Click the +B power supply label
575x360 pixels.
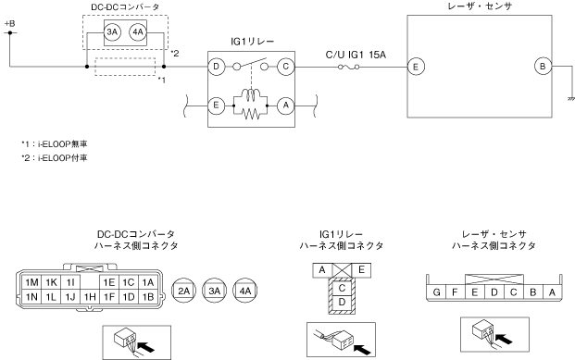tap(10, 24)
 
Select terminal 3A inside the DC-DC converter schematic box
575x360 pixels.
tap(112, 32)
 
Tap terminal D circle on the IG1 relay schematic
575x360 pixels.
tap(216, 67)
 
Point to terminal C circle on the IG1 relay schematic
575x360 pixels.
tap(286, 67)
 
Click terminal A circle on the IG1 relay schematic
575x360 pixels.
tap(286, 106)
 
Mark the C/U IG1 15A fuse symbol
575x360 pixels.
tap(348, 67)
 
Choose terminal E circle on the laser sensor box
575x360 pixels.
tap(416, 67)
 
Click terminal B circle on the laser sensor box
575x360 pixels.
tap(543, 67)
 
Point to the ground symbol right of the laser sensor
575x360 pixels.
tap(570, 99)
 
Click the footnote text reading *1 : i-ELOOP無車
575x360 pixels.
tap(55, 143)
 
